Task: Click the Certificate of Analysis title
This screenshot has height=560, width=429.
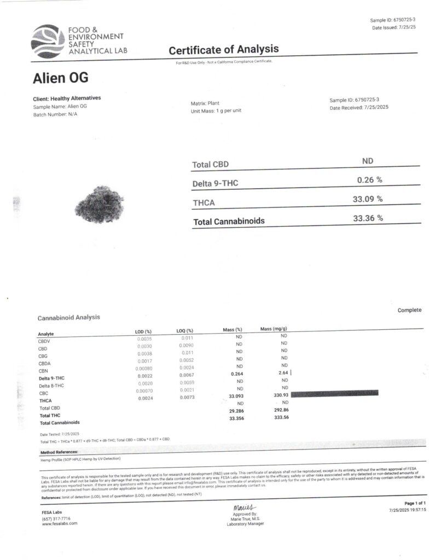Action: tap(223, 50)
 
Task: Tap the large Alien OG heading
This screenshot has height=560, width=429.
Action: tap(60, 78)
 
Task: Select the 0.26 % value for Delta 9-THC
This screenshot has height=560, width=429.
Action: tap(369, 179)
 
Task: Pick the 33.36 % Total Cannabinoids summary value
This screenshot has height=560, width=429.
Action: tap(368, 218)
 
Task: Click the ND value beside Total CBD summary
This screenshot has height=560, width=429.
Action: tap(368, 161)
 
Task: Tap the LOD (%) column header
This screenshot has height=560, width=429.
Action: tap(143, 331)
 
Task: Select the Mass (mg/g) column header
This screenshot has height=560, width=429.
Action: tap(274, 329)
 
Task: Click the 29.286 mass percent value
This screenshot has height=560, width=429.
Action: tap(233, 409)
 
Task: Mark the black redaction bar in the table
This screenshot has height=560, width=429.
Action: tap(334, 393)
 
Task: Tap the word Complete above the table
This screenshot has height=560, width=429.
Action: tap(409, 310)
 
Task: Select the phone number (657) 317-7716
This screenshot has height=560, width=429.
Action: tap(56, 518)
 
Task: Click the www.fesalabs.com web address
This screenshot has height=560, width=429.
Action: tap(60, 524)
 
